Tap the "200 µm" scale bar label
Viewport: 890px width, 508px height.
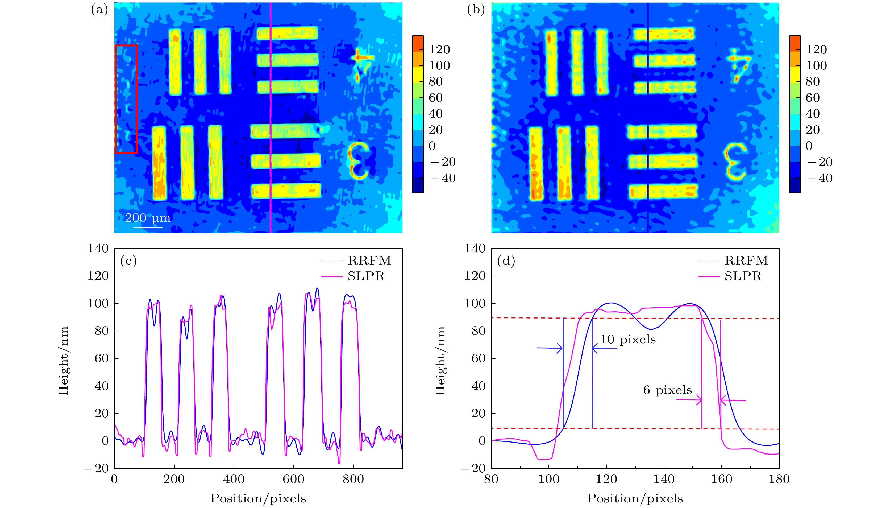pyautogui.click(x=148, y=218)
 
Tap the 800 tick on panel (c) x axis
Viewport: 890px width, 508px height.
pyautogui.click(x=353, y=479)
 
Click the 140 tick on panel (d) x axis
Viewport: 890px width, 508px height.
pyautogui.click(x=664, y=479)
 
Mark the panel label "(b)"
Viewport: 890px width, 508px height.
pyautogui.click(x=476, y=10)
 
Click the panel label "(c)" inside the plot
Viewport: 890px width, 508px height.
pyautogui.click(x=128, y=261)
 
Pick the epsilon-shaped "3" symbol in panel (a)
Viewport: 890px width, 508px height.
pyautogui.click(x=359, y=160)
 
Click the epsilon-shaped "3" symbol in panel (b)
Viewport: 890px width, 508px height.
pyautogui.click(x=735, y=160)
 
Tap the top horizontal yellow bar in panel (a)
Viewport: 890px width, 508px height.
pyautogui.click(x=287, y=33)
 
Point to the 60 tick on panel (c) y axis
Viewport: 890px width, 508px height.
pyautogui.click(x=102, y=358)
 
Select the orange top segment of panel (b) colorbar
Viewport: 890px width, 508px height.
pyautogui.click(x=795, y=44)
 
